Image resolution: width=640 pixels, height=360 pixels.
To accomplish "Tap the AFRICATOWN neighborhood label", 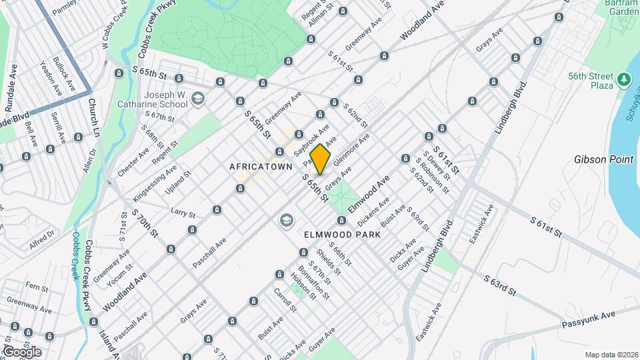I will click(x=261, y=167).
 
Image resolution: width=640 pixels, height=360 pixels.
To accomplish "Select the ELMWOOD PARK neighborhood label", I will click(x=342, y=235).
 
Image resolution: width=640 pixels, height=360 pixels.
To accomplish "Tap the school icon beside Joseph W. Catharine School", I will click(x=197, y=99).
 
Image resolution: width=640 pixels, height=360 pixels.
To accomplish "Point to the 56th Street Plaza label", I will click(x=591, y=81).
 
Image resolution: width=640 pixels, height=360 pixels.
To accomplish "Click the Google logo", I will click(x=22, y=351).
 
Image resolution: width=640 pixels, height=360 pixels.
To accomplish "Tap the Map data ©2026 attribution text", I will click(x=611, y=355).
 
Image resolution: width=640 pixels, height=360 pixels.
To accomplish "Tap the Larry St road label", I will click(x=182, y=214).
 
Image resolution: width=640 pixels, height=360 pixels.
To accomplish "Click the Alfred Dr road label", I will click(x=42, y=237).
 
